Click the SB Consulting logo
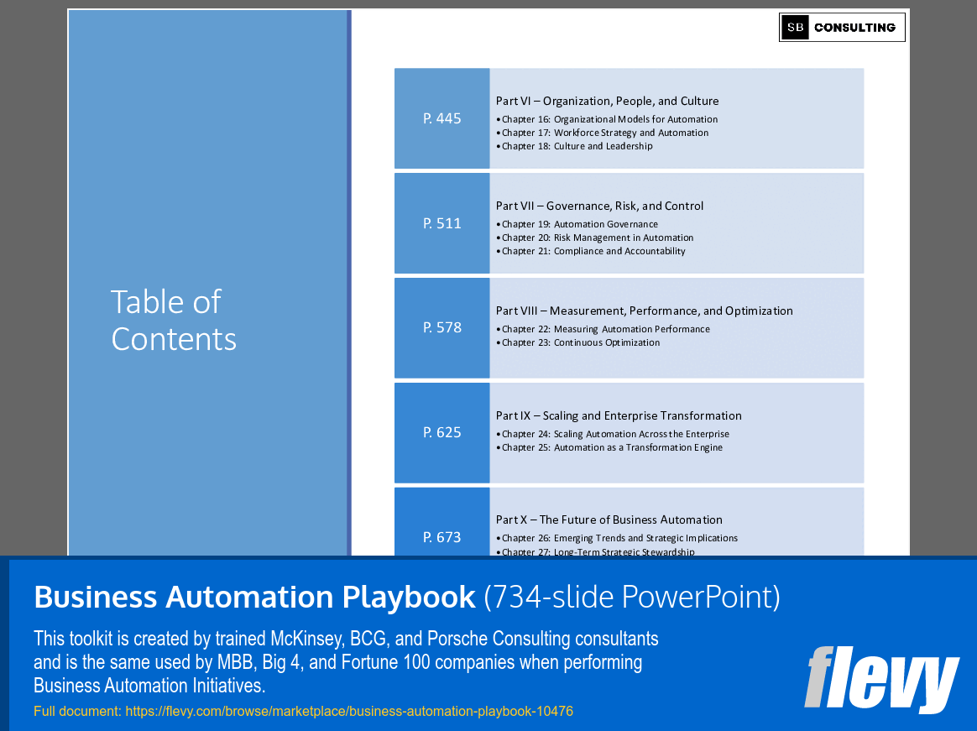pos(842,28)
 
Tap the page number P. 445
pos(442,118)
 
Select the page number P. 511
pos(442,223)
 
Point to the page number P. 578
pos(442,327)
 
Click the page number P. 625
pos(442,432)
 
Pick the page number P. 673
pos(442,536)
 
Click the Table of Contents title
pos(174,320)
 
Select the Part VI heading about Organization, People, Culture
pos(607,101)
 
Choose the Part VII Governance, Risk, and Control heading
pos(599,206)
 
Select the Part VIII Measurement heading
pos(644,311)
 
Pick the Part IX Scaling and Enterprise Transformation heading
pos(619,415)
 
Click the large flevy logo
pos(881,679)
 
